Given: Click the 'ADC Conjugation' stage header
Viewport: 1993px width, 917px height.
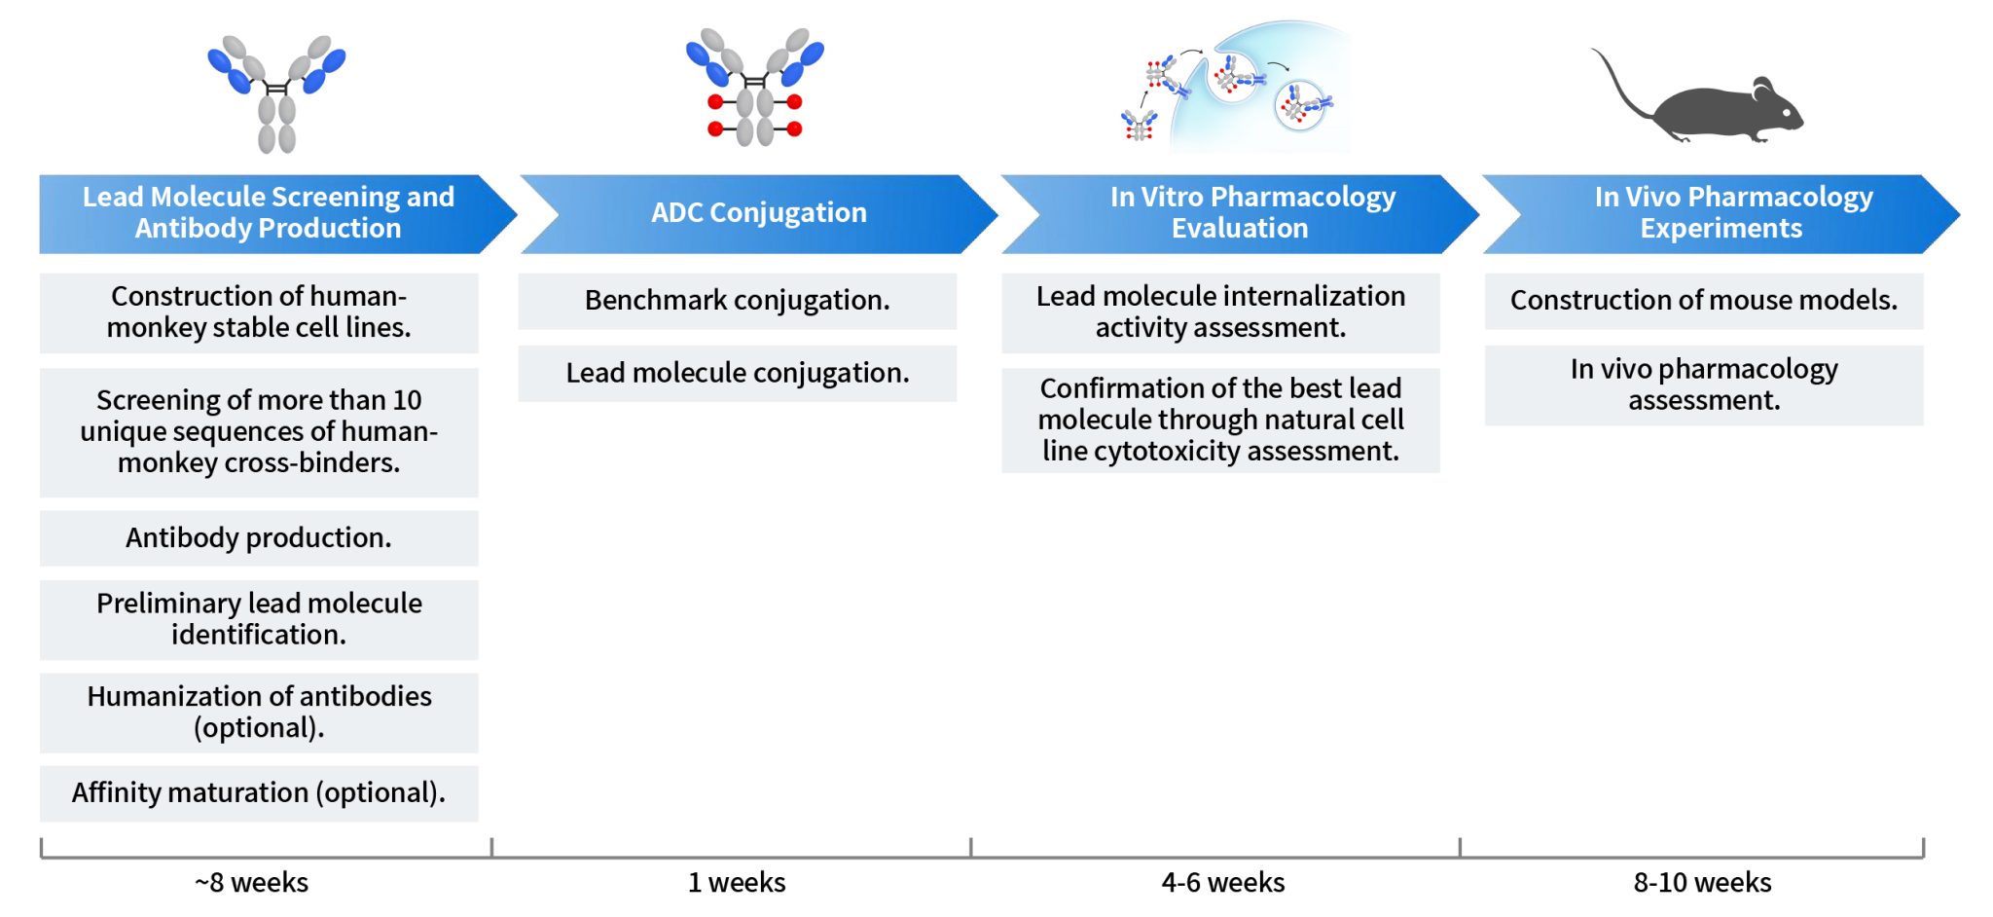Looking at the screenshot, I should [x=758, y=213].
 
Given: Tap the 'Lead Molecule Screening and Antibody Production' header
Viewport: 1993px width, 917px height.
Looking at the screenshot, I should [x=268, y=213].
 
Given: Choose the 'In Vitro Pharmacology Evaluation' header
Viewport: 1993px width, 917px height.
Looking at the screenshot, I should [x=1241, y=213].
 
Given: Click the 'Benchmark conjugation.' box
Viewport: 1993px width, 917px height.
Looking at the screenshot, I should [x=737, y=301].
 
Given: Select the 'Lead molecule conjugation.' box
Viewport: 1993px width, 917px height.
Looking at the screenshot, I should [x=737, y=373].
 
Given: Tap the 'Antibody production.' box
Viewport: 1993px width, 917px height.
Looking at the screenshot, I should [x=259, y=537].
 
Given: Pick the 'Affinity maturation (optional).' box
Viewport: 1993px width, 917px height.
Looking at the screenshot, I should [x=259, y=792].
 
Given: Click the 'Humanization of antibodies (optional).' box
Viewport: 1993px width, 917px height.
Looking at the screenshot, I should [x=259, y=712].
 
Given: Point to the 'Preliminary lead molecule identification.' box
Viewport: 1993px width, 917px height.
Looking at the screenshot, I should [x=259, y=619].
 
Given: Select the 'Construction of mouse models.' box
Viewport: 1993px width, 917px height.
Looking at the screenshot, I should [x=1703, y=301].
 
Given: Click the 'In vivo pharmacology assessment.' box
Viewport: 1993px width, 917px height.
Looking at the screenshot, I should [x=1703, y=385].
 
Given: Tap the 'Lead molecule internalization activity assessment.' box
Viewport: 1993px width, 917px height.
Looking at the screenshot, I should [x=1220, y=312].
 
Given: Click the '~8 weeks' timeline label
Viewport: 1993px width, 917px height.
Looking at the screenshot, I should [x=251, y=882].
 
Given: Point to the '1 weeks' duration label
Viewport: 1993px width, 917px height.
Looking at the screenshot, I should [x=737, y=882].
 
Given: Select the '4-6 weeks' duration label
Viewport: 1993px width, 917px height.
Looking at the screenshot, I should [x=1223, y=882].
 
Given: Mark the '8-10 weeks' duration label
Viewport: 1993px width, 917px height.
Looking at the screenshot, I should [x=1702, y=882].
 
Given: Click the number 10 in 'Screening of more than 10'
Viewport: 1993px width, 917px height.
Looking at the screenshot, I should [x=407, y=400].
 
